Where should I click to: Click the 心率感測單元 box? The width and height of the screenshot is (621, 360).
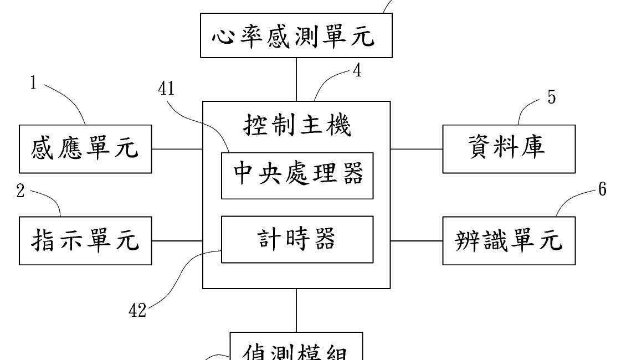[x=296, y=37]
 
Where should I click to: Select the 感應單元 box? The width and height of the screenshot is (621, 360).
[x=85, y=149]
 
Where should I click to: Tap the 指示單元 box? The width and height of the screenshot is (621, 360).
[x=85, y=241]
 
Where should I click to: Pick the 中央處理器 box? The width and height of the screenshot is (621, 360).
[x=297, y=176]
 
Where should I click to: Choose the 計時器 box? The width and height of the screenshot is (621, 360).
[x=297, y=240]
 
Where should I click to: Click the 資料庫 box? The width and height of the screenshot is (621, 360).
[x=508, y=149]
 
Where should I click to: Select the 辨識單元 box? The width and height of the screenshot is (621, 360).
[x=508, y=241]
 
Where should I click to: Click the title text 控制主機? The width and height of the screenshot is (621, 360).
[x=297, y=126]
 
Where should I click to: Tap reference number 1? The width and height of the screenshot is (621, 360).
[x=33, y=84]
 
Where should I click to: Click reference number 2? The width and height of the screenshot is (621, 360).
[x=21, y=192]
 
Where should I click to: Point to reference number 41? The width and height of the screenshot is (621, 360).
[x=166, y=89]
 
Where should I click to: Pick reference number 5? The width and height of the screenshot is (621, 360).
[x=551, y=97]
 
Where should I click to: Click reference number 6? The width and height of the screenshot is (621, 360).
[x=602, y=190]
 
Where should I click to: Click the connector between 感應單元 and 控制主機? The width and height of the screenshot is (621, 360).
[x=177, y=149]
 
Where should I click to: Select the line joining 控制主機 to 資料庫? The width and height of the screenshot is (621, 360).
[x=417, y=149]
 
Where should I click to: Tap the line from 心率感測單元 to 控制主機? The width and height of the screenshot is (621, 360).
[x=297, y=79]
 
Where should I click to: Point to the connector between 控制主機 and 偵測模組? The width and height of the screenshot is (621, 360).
[x=297, y=310]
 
